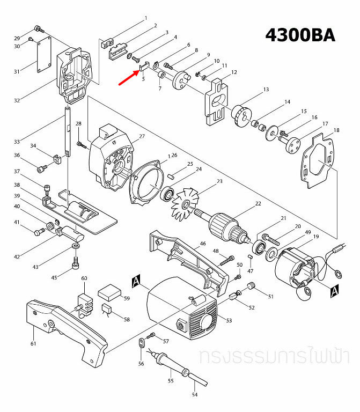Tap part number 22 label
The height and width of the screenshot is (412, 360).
[258, 204]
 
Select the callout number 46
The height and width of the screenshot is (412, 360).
[203, 244]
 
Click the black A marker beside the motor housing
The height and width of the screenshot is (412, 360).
[136, 281]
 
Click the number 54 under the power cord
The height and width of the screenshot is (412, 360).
[195, 395]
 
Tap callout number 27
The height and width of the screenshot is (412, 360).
[142, 136]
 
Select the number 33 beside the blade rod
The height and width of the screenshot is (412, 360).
[17, 142]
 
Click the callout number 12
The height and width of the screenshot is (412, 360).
[234, 72]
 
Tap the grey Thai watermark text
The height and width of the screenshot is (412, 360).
[274, 356]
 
